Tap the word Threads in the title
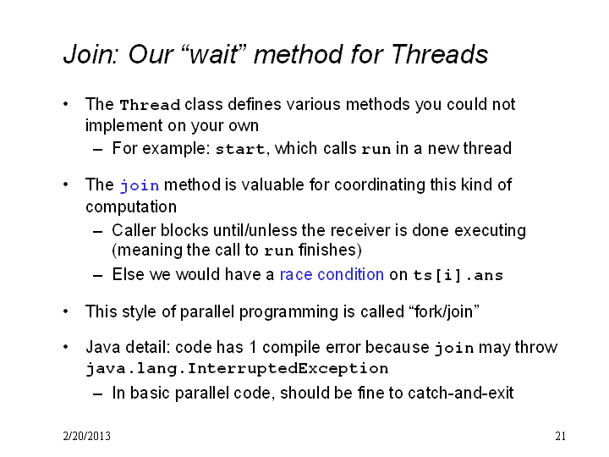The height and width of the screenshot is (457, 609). pos(439,54)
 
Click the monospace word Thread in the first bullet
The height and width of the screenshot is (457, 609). pos(150,105)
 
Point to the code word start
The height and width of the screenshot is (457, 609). pos(240,149)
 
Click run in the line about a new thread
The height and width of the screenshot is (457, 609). pos(376,150)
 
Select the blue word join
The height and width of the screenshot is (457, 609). pos(140,185)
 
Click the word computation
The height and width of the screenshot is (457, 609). pos(131,206)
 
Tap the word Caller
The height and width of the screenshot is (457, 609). pos(134,230)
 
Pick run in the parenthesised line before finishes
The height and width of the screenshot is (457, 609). pos(279,251)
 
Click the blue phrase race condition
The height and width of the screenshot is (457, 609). pos(332,275)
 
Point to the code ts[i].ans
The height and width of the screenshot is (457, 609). pos(458,275)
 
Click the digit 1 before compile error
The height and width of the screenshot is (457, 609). pos(253,348)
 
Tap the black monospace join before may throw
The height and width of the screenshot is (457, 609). pos(454,348)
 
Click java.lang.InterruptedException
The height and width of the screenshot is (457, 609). pos(237,368)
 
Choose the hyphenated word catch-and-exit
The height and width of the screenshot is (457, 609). pos(461,393)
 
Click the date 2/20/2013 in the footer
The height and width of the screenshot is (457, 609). pos(86,436)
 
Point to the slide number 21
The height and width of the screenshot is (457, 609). pos(560,436)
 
